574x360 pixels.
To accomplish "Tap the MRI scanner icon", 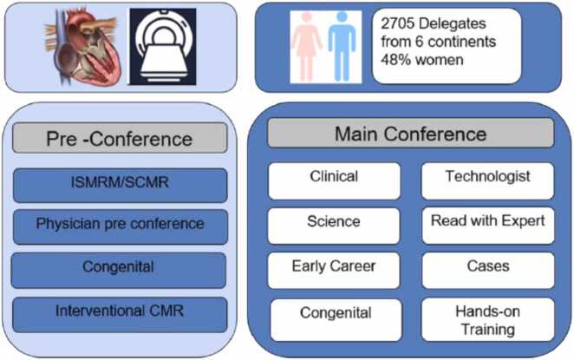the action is coord(162,48).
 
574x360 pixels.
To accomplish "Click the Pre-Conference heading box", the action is coord(120,138).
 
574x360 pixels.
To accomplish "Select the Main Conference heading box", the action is coord(410,134).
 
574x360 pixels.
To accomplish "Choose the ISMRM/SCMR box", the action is coord(120,185).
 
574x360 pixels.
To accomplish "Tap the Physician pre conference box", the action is coord(120,226).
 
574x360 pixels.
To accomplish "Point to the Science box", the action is coord(334,223).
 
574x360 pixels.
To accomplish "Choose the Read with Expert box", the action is coord(487,223).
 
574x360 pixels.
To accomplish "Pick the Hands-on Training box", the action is coord(487,319).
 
